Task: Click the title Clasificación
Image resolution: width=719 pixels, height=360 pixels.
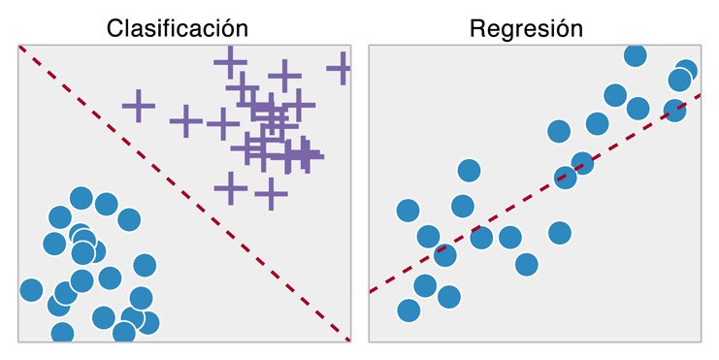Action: point(177,28)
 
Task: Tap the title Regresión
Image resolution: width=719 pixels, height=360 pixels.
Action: point(526,28)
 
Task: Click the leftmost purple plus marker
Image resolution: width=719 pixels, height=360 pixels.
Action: point(139,104)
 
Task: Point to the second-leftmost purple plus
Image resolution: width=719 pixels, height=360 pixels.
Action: point(185,122)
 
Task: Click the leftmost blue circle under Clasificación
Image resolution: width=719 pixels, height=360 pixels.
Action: point(31,289)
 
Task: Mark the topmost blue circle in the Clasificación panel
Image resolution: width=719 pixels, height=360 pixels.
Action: point(82,199)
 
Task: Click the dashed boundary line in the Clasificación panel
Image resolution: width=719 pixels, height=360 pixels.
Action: point(184,192)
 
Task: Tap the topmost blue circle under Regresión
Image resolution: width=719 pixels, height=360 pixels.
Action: point(635,55)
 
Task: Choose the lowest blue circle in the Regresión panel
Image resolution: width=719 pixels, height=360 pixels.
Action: point(409,311)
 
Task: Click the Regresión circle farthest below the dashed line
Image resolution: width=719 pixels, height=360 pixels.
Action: point(527,263)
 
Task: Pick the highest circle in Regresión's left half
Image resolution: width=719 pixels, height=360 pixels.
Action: point(469,171)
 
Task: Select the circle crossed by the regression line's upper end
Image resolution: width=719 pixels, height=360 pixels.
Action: point(674,111)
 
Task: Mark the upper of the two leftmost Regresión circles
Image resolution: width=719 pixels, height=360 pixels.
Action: point(409,210)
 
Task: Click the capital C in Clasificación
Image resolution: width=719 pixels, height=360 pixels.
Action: point(116,29)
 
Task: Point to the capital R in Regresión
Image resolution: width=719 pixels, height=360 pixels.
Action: point(477,29)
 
